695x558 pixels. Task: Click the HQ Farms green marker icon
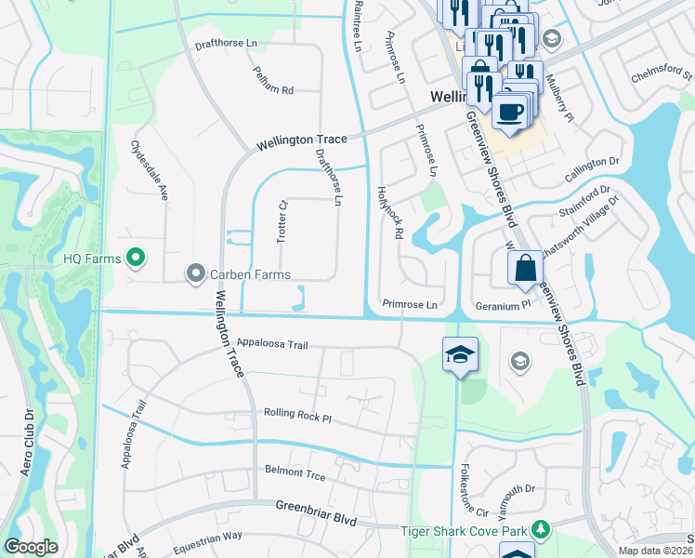click(x=137, y=258)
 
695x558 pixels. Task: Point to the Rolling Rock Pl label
click(x=297, y=417)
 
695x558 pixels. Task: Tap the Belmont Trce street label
click(x=295, y=473)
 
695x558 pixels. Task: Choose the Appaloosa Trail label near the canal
click(x=270, y=344)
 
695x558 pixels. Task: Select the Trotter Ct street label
click(x=282, y=221)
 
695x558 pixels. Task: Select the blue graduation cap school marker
click(x=460, y=355)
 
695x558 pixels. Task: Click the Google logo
click(x=31, y=547)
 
